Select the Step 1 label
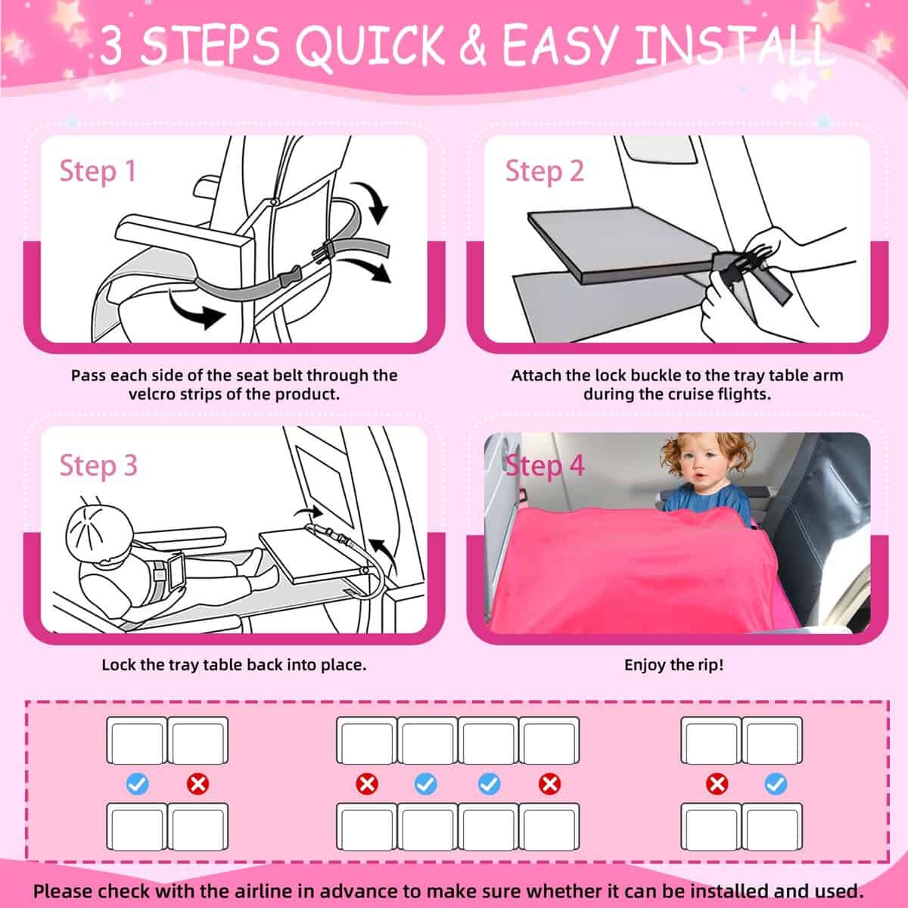coord(98,171)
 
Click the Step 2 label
coord(544,171)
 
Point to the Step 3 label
coord(98,465)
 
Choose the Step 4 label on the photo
coord(545,465)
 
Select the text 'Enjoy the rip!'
coord(673,665)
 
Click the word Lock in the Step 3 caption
coord(119,665)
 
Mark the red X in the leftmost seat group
coord(198,784)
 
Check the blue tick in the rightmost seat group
coord(776,784)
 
